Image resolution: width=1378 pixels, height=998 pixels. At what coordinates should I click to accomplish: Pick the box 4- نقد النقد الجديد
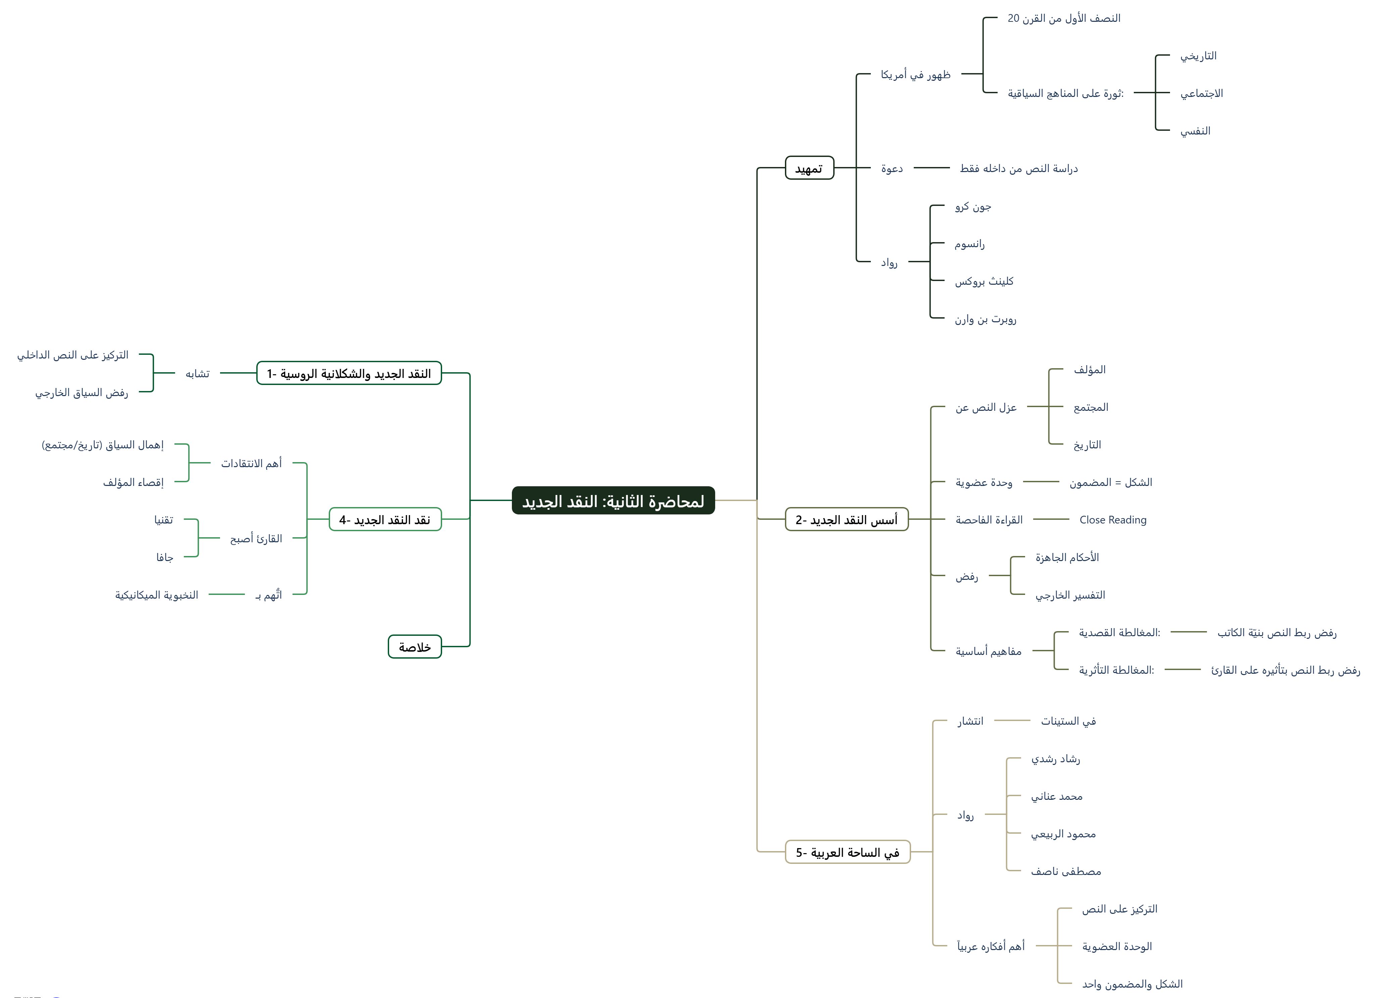(385, 520)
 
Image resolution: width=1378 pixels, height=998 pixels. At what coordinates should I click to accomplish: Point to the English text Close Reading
(1112, 520)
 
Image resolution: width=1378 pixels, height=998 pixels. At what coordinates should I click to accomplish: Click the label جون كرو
(973, 207)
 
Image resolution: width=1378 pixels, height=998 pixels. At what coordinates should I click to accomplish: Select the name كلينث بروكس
(984, 281)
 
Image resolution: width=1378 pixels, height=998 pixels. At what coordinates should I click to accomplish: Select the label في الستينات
(1068, 721)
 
